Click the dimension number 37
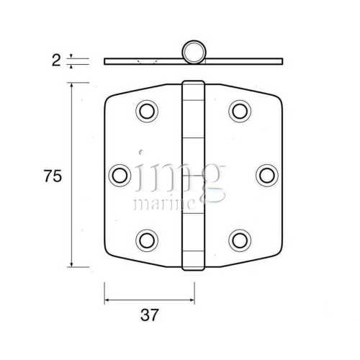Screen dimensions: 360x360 click(x=149, y=314)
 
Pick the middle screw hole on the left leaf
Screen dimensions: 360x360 click(x=121, y=174)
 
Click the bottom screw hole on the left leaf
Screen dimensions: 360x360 click(x=147, y=238)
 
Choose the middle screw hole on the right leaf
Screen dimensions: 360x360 click(x=266, y=174)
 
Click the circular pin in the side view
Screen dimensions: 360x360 click(x=193, y=53)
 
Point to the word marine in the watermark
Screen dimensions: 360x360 click(x=165, y=204)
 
